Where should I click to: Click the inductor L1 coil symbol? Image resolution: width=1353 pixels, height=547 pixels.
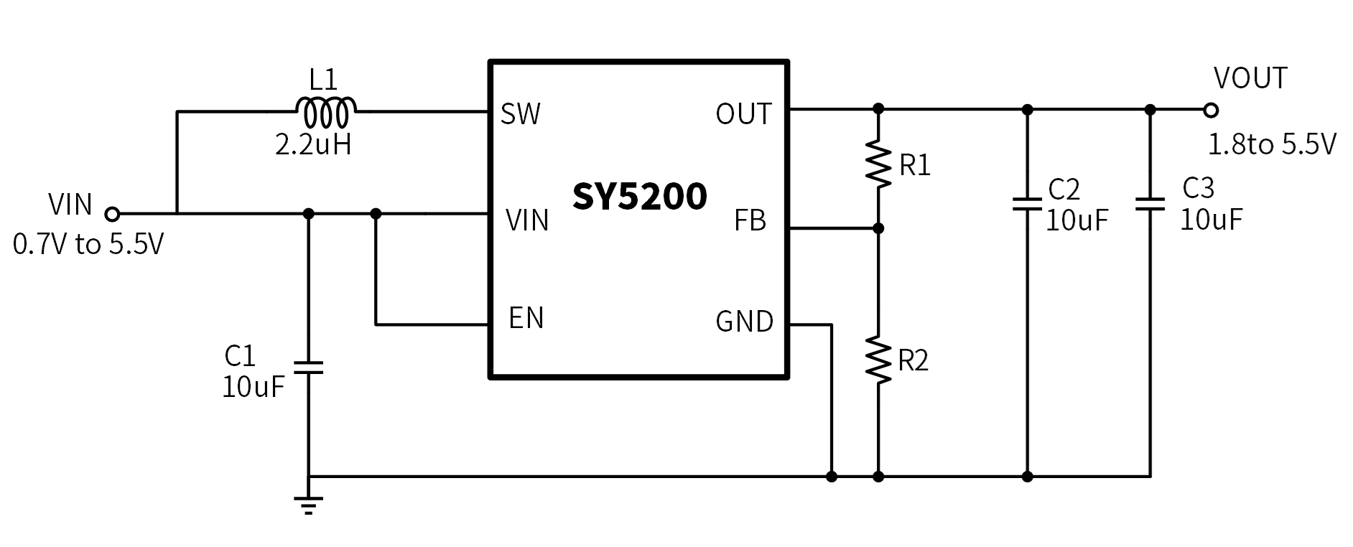[x=325, y=111]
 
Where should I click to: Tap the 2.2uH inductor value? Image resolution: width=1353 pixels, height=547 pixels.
[x=313, y=145]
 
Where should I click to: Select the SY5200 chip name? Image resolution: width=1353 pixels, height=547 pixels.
[x=639, y=196]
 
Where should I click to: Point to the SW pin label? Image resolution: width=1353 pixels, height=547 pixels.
[x=520, y=114]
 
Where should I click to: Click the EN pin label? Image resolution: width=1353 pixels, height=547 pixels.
[x=526, y=318]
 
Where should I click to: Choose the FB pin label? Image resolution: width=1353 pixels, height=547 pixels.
[x=750, y=221]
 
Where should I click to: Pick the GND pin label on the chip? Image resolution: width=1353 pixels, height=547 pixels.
[x=744, y=322]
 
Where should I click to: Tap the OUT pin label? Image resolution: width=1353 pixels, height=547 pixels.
[x=743, y=114]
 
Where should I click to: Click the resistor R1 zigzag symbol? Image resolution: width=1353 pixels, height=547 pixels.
[x=878, y=164]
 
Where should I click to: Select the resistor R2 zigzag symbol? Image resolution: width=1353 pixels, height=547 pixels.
[x=878, y=359]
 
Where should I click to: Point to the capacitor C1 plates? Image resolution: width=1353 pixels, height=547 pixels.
[x=309, y=367]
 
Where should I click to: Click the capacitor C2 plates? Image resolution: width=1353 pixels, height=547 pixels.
[x=1027, y=203]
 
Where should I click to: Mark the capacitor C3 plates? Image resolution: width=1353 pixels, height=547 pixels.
[x=1150, y=203]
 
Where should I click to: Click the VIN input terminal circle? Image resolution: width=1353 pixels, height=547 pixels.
[x=112, y=213]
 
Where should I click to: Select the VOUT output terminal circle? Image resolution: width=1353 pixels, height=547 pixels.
[x=1211, y=110]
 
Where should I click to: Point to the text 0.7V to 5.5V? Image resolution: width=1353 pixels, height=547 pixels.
[x=88, y=245]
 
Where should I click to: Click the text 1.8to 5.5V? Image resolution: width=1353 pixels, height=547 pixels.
[x=1271, y=145]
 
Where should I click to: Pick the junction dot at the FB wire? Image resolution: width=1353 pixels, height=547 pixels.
[x=878, y=228]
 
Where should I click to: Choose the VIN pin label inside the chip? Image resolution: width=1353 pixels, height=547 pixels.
[x=527, y=220]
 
